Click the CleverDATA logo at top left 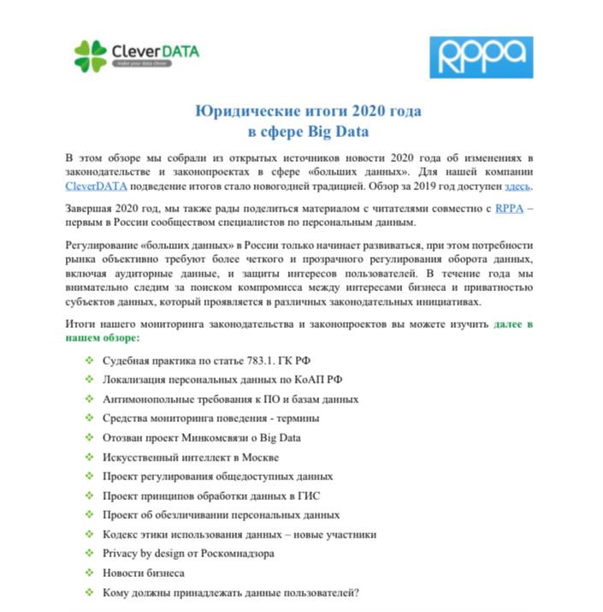point(137,56)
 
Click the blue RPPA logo point(481,57)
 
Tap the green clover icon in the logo point(91,56)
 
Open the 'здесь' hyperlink point(518,186)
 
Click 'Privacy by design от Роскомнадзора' point(188,553)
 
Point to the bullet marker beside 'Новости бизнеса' point(90,573)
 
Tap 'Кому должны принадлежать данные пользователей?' point(230,591)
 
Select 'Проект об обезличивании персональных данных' point(221,514)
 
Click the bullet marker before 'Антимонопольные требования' point(90,399)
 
